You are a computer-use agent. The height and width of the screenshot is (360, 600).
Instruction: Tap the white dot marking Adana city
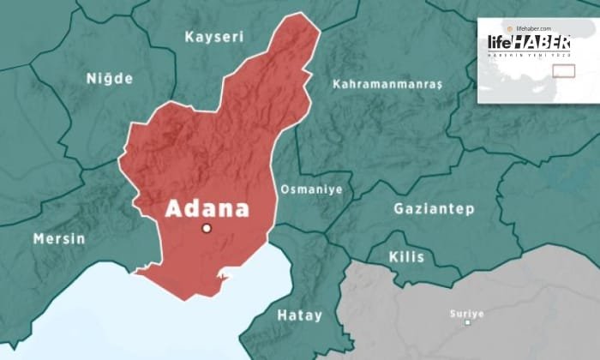(206, 228)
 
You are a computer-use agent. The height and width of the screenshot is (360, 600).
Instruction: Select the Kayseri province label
(214, 37)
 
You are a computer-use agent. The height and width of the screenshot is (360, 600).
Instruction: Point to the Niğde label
(110, 79)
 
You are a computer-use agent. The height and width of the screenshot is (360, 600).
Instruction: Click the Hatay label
(299, 315)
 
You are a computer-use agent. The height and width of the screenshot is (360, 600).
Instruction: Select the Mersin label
(59, 238)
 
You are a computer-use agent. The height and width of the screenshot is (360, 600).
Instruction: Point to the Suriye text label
(466, 313)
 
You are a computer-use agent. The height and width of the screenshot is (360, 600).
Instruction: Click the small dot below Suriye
(467, 322)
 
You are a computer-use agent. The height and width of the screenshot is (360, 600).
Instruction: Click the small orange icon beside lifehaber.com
(510, 29)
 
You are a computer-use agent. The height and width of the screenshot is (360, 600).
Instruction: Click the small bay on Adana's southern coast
(225, 276)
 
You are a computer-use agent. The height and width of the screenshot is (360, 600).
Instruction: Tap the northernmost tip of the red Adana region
(302, 15)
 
